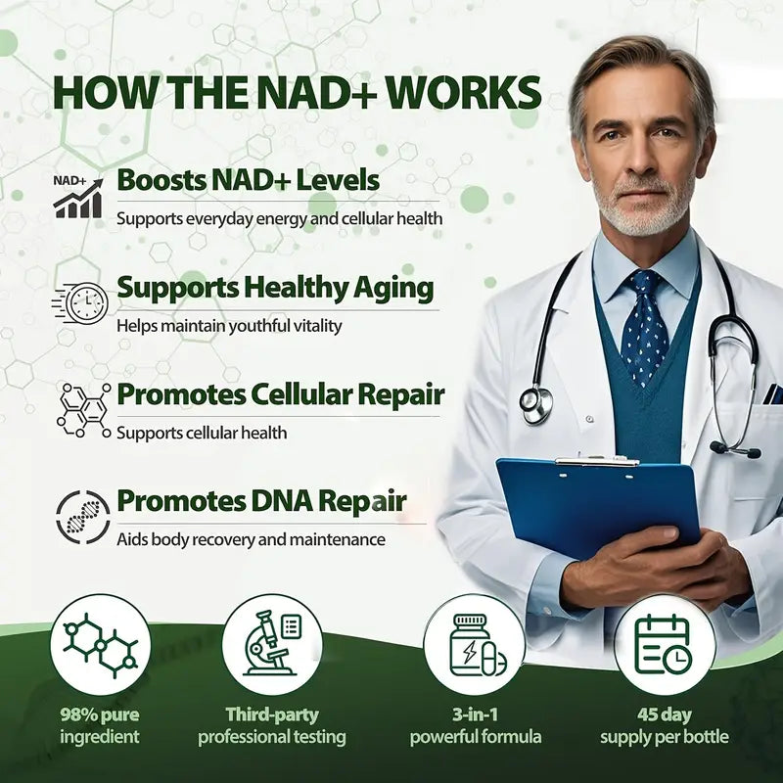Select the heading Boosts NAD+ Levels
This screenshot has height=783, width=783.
pos(248,180)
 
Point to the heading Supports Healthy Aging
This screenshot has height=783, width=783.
pos(275,288)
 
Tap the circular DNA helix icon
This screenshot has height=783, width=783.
pos(82,516)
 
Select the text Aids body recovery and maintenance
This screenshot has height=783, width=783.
pos(251,539)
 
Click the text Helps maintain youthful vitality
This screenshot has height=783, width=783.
pos(229,325)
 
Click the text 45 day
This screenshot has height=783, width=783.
pos(665,714)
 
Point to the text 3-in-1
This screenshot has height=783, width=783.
pos(475,714)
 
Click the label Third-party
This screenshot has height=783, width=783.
pos(272,714)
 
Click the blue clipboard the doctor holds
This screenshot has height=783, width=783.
pos(597,504)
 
